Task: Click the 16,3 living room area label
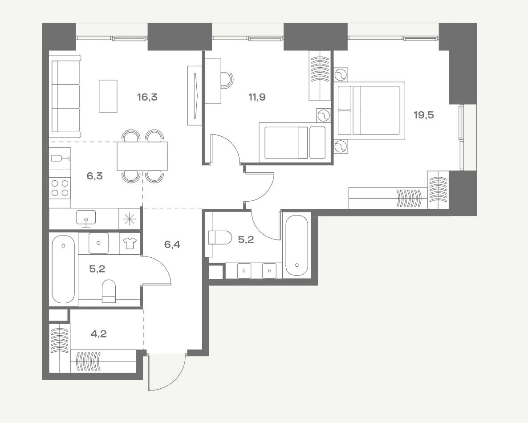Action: [147, 98]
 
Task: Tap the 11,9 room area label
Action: [257, 98]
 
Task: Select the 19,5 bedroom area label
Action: [424, 115]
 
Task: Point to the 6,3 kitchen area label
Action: [95, 176]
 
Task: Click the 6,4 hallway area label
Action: [172, 244]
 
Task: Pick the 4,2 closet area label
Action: [99, 334]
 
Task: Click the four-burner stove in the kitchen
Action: [60, 188]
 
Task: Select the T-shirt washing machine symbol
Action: [130, 243]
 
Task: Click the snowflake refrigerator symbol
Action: [129, 219]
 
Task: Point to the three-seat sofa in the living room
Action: [65, 97]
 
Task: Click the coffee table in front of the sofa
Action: [108, 96]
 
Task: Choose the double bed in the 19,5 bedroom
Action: [369, 110]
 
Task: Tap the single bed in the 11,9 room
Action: [293, 142]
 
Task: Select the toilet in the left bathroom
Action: [109, 291]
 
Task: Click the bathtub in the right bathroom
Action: [296, 245]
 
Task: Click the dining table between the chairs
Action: [142, 156]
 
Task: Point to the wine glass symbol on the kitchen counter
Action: [61, 158]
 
